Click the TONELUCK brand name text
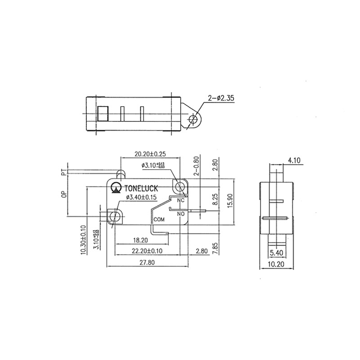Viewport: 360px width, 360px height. (143, 187)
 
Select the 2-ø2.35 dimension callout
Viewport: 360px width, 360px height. (220, 98)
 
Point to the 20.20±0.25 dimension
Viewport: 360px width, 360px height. (150, 154)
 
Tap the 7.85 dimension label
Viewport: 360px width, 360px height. (215, 248)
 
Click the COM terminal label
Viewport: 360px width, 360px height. (159, 219)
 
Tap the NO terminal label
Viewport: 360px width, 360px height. (181, 214)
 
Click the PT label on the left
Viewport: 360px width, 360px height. (63, 173)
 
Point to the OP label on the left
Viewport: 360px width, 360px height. (63, 195)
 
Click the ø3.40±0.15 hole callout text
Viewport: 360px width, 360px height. (141, 198)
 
